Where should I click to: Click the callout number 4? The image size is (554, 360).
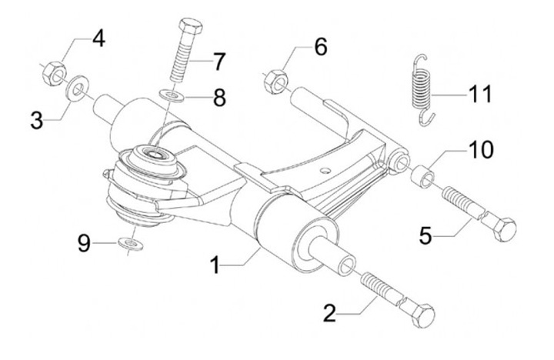[x=98, y=38]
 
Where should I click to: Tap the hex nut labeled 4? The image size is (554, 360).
[x=55, y=73]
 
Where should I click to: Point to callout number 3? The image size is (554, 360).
[x=37, y=121]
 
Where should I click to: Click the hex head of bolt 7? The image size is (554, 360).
[x=191, y=26]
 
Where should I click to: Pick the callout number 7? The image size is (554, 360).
[x=219, y=62]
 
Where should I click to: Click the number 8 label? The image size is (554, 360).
[x=219, y=98]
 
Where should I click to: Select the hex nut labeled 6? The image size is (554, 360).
[x=275, y=82]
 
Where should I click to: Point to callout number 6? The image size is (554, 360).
[x=321, y=47]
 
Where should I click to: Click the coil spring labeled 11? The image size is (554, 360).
[x=422, y=90]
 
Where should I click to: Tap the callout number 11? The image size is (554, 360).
[x=480, y=94]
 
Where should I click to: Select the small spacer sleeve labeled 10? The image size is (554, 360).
[x=423, y=176]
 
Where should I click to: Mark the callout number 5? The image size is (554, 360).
[x=426, y=235]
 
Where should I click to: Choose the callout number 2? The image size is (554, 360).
[x=329, y=312]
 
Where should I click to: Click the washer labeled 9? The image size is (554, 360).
[x=131, y=244]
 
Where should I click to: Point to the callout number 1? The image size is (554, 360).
[x=215, y=265]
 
